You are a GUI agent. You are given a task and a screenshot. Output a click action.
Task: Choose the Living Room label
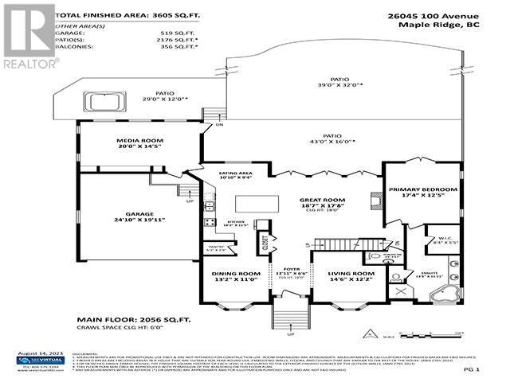coord(351,276)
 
